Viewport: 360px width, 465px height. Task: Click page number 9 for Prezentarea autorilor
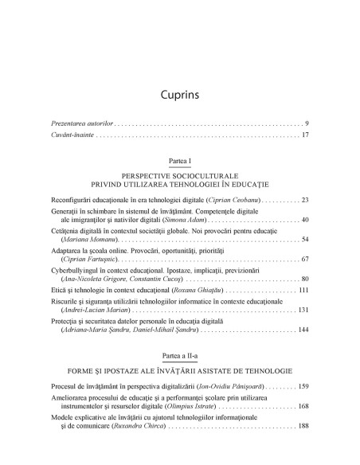tap(306, 125)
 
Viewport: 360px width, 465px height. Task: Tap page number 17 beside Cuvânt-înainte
tap(304, 135)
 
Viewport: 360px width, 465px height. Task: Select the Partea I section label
tap(179, 160)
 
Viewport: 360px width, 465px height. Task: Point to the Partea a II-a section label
tap(179, 354)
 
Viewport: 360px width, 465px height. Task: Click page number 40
tap(304, 219)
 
